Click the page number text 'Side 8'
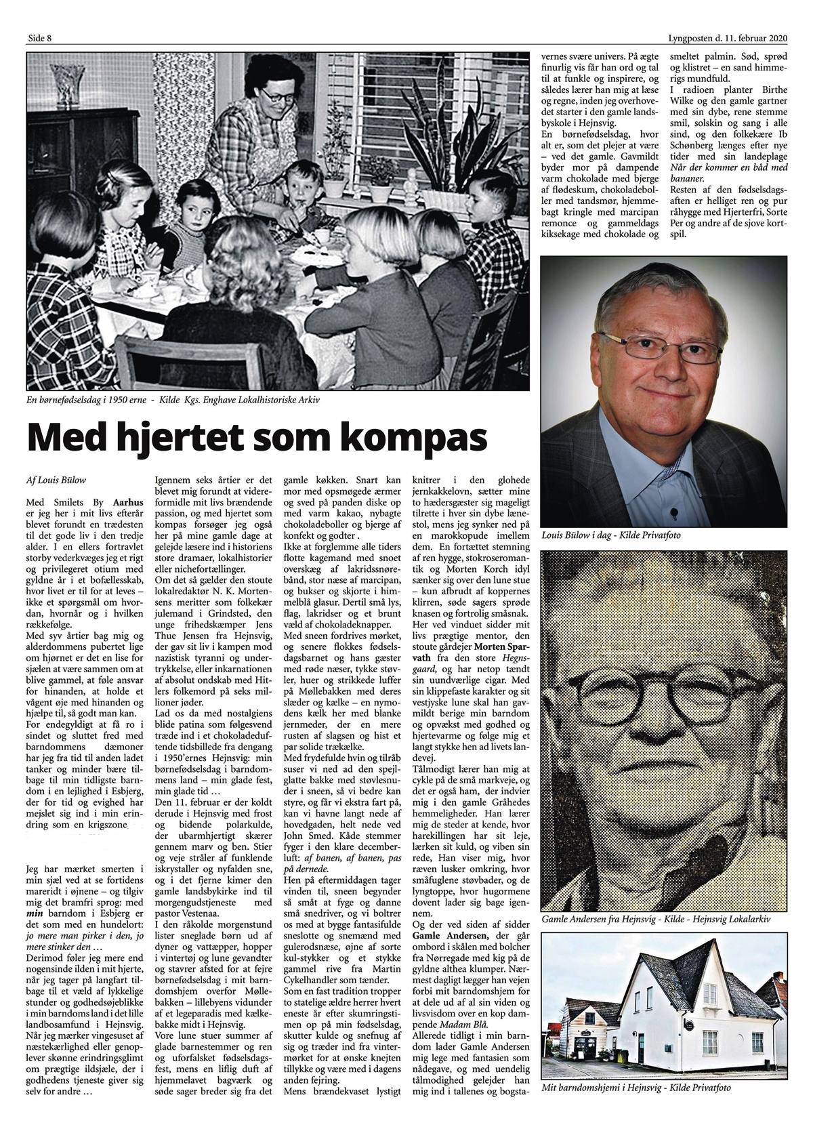tap(39, 38)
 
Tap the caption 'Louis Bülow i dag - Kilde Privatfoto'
tap(610, 536)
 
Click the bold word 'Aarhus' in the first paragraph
tap(128, 503)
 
